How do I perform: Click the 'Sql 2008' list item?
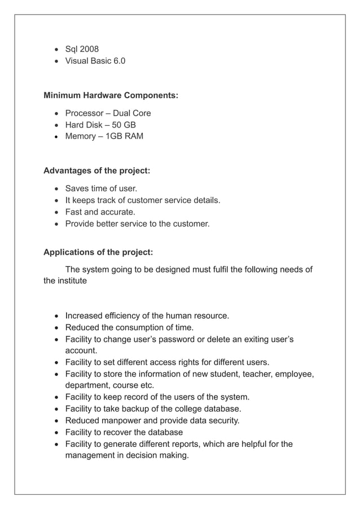coord(82,49)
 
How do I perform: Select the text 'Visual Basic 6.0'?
coord(95,61)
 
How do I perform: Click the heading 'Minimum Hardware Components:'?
coord(111,95)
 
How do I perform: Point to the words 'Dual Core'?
coord(132,113)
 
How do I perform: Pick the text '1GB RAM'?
coord(125,136)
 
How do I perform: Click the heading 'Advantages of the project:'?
coord(96,170)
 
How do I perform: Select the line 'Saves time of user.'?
coord(101,188)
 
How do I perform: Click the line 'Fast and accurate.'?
coord(100,212)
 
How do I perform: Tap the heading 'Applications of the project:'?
coord(98,252)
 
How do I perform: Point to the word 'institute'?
coord(71,280)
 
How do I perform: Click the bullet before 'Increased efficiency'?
coord(56,316)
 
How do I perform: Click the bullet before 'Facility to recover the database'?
coord(56,432)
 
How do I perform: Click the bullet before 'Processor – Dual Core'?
coord(56,113)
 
